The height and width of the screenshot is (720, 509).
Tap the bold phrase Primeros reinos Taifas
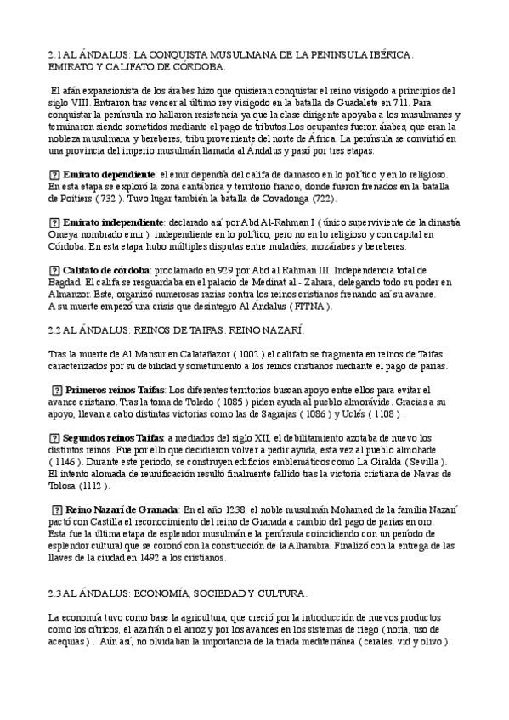pos(116,389)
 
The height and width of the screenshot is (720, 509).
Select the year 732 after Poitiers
pos(106,199)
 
